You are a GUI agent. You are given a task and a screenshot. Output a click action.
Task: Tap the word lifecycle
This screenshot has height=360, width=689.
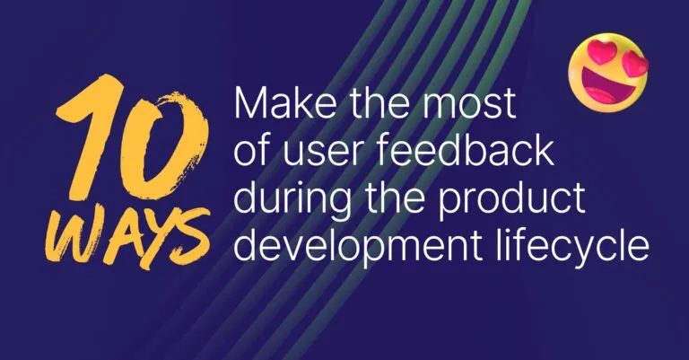click(x=574, y=245)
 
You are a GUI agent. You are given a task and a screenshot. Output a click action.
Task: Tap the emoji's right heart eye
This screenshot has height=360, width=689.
click(x=635, y=64)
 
